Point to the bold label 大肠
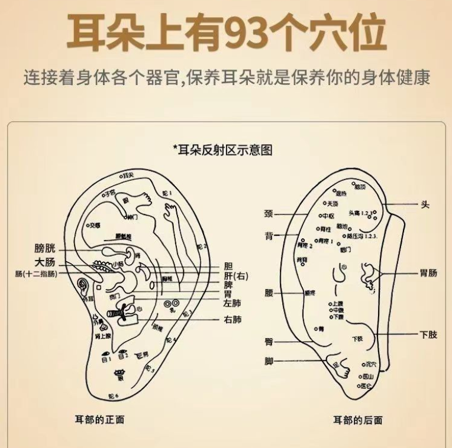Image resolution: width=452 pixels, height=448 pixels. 45,262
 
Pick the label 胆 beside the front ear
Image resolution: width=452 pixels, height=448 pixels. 228,266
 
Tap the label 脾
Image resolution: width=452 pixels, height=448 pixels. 228,284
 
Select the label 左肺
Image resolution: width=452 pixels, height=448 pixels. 233,303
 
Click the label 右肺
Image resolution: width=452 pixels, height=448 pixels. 233,320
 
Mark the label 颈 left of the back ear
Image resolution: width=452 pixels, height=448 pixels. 269,213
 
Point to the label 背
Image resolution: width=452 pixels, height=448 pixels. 269,236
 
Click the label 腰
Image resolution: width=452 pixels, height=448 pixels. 269,292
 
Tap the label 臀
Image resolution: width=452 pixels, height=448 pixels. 269,342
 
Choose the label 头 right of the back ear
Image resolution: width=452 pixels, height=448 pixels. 425,204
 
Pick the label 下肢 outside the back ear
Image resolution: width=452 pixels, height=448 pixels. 428,335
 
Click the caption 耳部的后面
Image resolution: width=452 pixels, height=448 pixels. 357,420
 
